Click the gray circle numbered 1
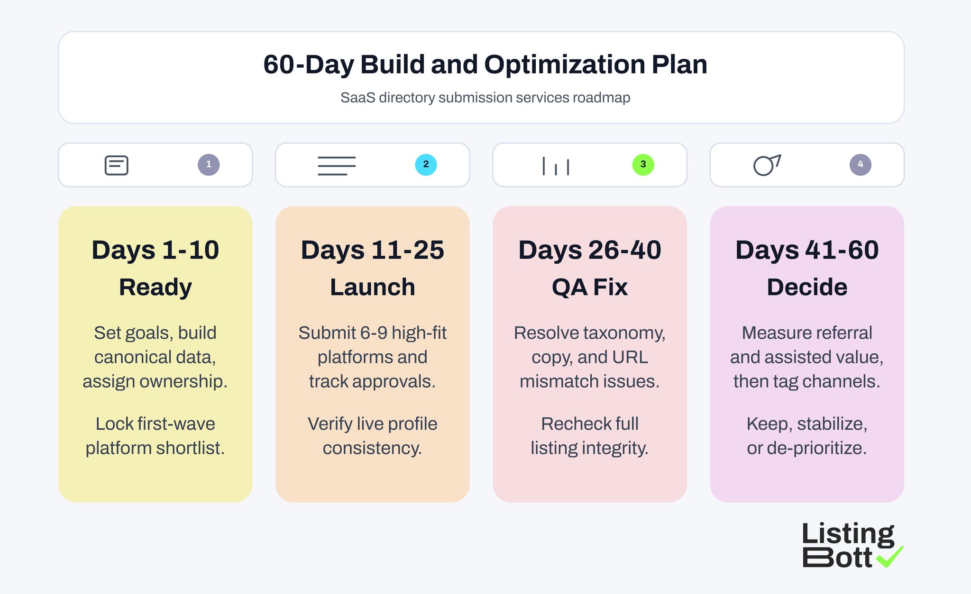pos(209,165)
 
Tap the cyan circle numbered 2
pos(426,165)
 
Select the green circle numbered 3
pos(643,165)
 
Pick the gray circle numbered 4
pos(860,165)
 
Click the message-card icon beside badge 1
pos(117,165)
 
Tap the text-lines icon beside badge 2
pos(337,166)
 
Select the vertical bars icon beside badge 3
pos(556,166)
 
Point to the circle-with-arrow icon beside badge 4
pos(767,165)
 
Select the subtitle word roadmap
pos(601,98)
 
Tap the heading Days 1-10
pos(156,250)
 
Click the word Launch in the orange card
pos(373,287)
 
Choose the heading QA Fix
pos(590,287)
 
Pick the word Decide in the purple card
pos(807,287)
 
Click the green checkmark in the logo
pos(890,557)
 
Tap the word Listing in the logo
pos(848,534)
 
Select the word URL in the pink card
pos(630,357)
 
